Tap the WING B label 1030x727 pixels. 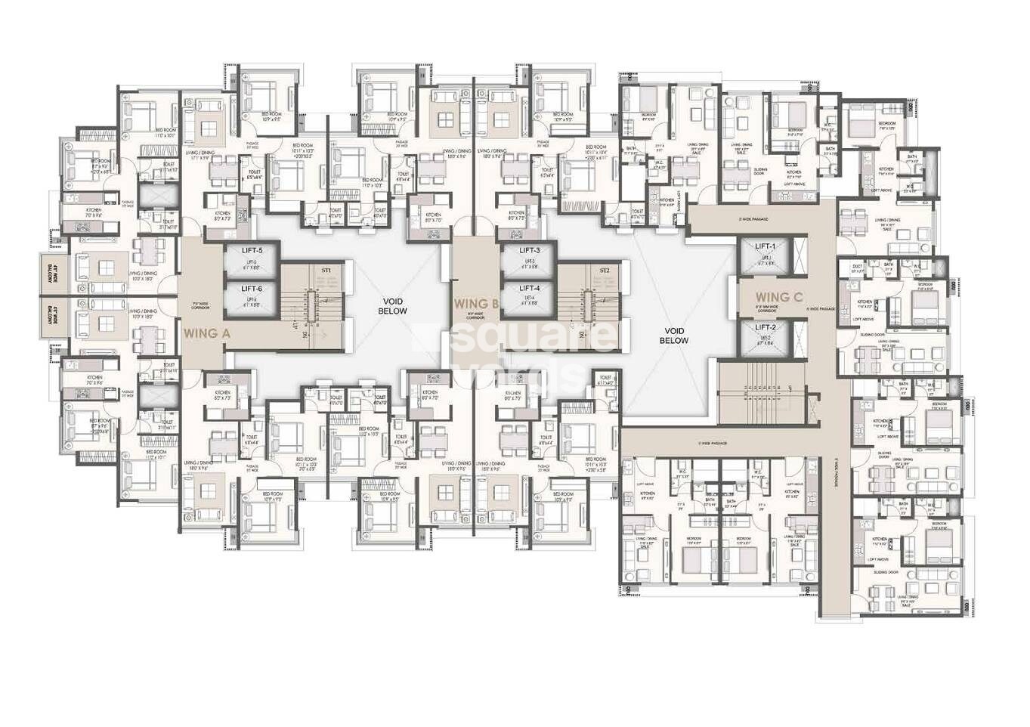point(475,305)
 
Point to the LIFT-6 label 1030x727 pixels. point(252,288)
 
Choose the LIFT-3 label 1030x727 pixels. point(530,250)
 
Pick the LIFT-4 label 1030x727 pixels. point(530,288)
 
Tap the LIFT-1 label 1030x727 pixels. point(766,246)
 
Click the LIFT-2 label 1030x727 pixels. point(766,327)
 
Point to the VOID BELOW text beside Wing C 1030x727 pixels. point(673,336)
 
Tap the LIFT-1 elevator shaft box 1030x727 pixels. point(766,261)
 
